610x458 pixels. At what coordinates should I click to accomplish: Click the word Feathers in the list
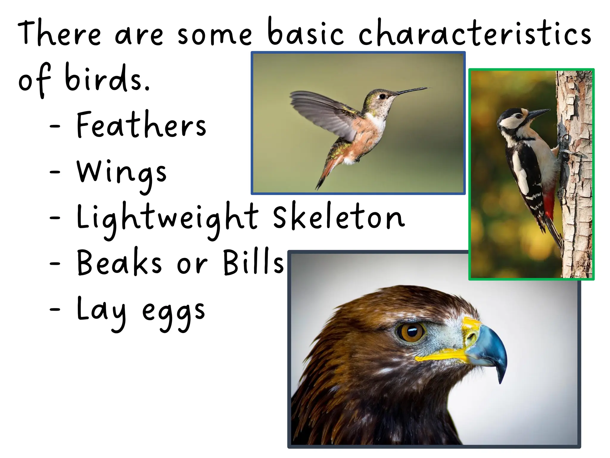(x=141, y=125)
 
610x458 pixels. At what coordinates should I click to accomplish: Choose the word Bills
(x=253, y=262)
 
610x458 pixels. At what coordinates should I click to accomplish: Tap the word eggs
(x=173, y=313)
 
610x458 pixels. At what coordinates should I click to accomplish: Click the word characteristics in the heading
(x=475, y=33)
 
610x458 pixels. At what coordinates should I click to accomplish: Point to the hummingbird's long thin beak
(x=411, y=90)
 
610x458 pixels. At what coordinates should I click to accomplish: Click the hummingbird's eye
(x=382, y=96)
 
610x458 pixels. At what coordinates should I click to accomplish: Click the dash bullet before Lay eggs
(x=55, y=310)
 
